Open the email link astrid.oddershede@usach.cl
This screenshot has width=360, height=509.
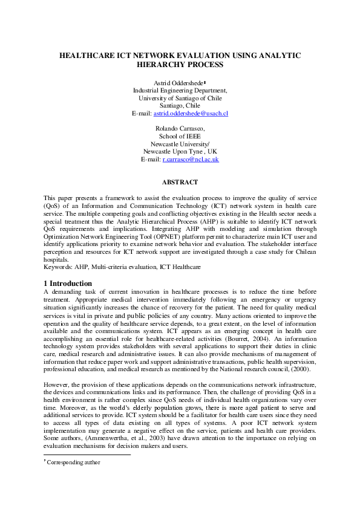191,113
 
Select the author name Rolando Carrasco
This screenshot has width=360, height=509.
180,128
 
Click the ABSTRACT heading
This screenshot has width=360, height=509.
180,181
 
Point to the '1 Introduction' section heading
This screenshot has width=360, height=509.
68,284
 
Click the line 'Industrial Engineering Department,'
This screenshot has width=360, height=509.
180,90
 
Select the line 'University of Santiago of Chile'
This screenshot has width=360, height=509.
180,98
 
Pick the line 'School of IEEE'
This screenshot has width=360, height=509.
180,136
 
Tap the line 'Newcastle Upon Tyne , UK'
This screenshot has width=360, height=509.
180,151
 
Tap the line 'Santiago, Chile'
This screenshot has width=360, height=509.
180,105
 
